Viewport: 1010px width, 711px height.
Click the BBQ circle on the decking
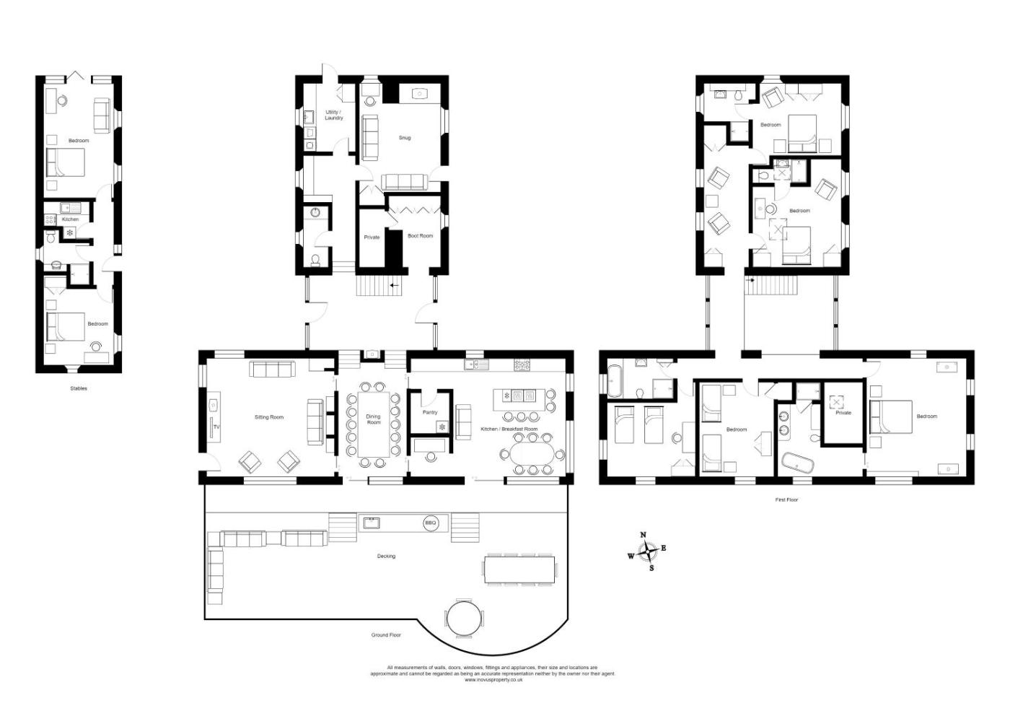(430, 523)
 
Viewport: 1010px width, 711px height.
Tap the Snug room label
(405, 138)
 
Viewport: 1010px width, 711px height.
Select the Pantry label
(430, 412)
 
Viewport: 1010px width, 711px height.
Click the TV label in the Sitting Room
(216, 427)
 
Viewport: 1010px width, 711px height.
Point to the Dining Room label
(374, 419)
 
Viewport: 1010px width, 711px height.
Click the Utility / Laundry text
(333, 115)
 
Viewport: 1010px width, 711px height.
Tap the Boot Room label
(420, 235)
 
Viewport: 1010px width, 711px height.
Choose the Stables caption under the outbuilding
(79, 388)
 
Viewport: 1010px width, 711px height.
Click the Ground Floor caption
(386, 634)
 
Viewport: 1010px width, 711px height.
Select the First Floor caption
(786, 500)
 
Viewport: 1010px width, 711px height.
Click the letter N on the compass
(644, 535)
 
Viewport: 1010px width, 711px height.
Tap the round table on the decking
(465, 619)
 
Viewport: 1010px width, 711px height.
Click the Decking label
(386, 556)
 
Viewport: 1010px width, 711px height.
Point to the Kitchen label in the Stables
(71, 219)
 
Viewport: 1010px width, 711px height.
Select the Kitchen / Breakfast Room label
(509, 429)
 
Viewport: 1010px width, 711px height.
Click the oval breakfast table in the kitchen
(530, 454)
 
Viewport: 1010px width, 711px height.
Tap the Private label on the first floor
(843, 412)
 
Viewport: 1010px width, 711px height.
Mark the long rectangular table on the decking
(519, 570)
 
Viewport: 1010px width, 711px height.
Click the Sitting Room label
(268, 417)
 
